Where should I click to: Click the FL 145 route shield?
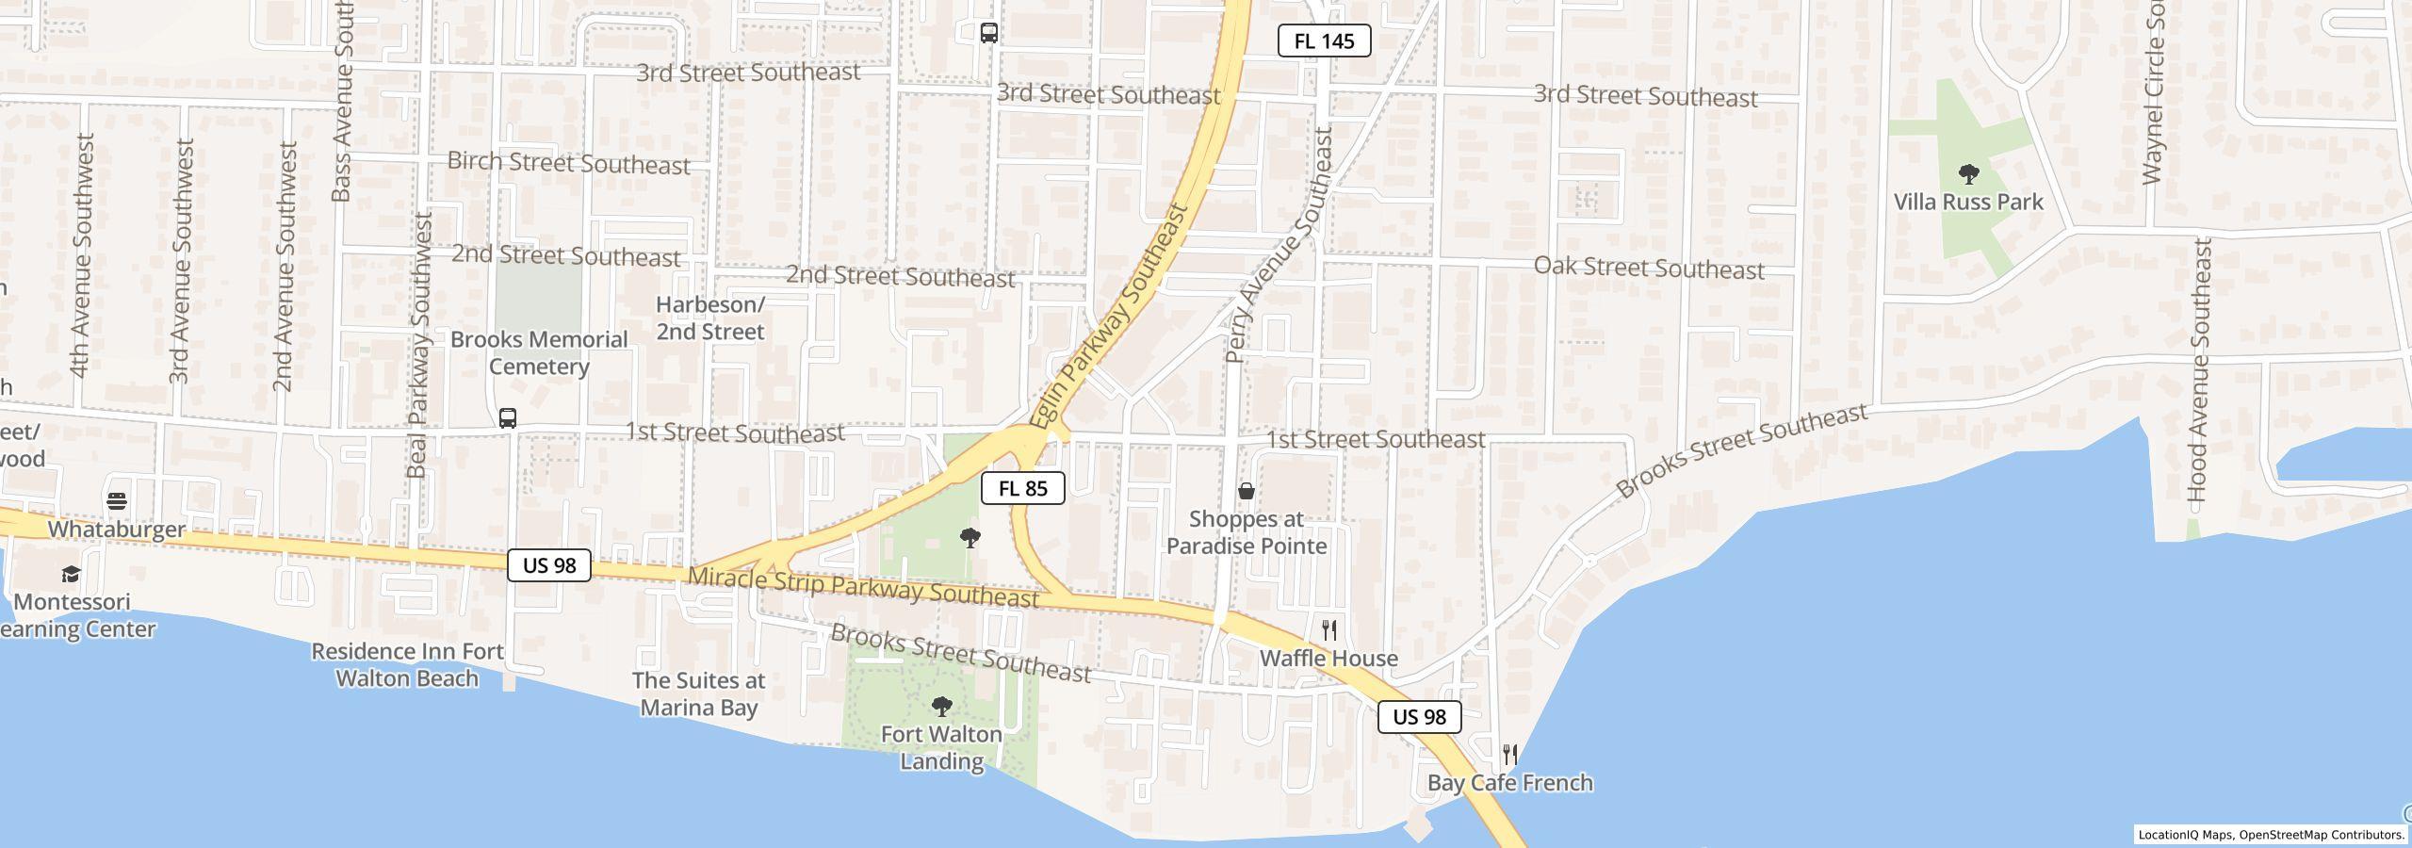click(1323, 41)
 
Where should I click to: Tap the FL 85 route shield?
click(1022, 488)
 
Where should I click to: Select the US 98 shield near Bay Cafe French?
click(1419, 717)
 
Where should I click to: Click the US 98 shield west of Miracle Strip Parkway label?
click(548, 565)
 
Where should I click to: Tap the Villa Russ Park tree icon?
click(1968, 173)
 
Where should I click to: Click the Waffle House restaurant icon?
click(1329, 629)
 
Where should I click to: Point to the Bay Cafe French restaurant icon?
click(1509, 754)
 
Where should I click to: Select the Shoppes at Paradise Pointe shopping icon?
click(1246, 491)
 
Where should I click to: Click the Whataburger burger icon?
click(117, 500)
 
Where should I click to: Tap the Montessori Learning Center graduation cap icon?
click(71, 574)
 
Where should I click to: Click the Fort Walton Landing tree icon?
click(941, 706)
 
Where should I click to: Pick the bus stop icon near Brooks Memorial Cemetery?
click(508, 417)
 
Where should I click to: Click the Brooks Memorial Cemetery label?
click(539, 352)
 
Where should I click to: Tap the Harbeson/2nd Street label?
click(710, 318)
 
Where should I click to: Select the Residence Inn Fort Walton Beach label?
click(407, 664)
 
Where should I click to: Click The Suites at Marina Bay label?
click(698, 693)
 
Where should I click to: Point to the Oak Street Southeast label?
click(1649, 268)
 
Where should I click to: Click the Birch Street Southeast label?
click(568, 163)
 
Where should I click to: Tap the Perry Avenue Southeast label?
click(1280, 245)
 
